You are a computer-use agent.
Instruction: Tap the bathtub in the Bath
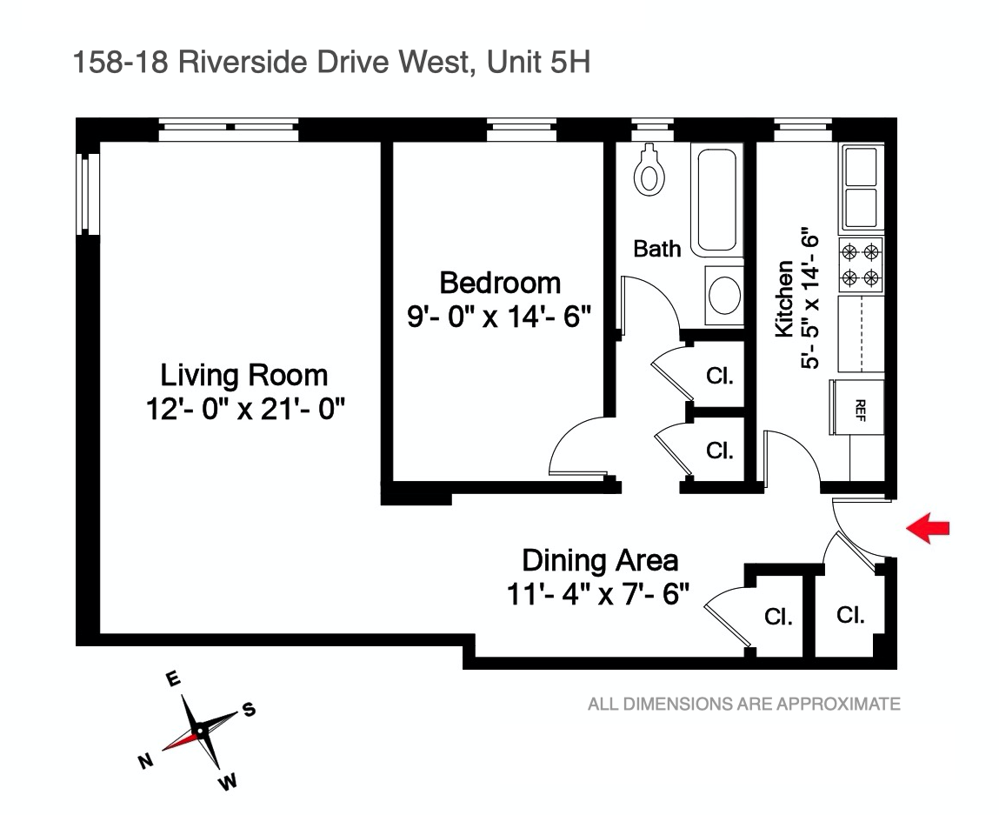pyautogui.click(x=717, y=200)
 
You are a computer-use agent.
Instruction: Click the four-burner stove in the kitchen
pyautogui.click(x=861, y=265)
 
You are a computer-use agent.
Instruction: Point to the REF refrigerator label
pyautogui.click(x=861, y=407)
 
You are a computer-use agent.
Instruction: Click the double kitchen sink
pyautogui.click(x=861, y=185)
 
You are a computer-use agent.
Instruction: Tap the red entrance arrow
pyautogui.click(x=928, y=528)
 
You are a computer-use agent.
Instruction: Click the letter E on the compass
pyautogui.click(x=173, y=679)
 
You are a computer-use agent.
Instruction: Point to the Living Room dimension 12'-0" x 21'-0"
pyautogui.click(x=245, y=408)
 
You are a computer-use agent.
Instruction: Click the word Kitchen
pyautogui.click(x=783, y=298)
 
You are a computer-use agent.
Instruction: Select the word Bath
pyautogui.click(x=656, y=249)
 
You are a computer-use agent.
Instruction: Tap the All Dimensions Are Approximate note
pyautogui.click(x=743, y=704)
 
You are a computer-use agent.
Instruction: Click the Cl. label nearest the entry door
pyautogui.click(x=849, y=615)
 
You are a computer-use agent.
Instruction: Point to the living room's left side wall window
pyautogui.click(x=84, y=193)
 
